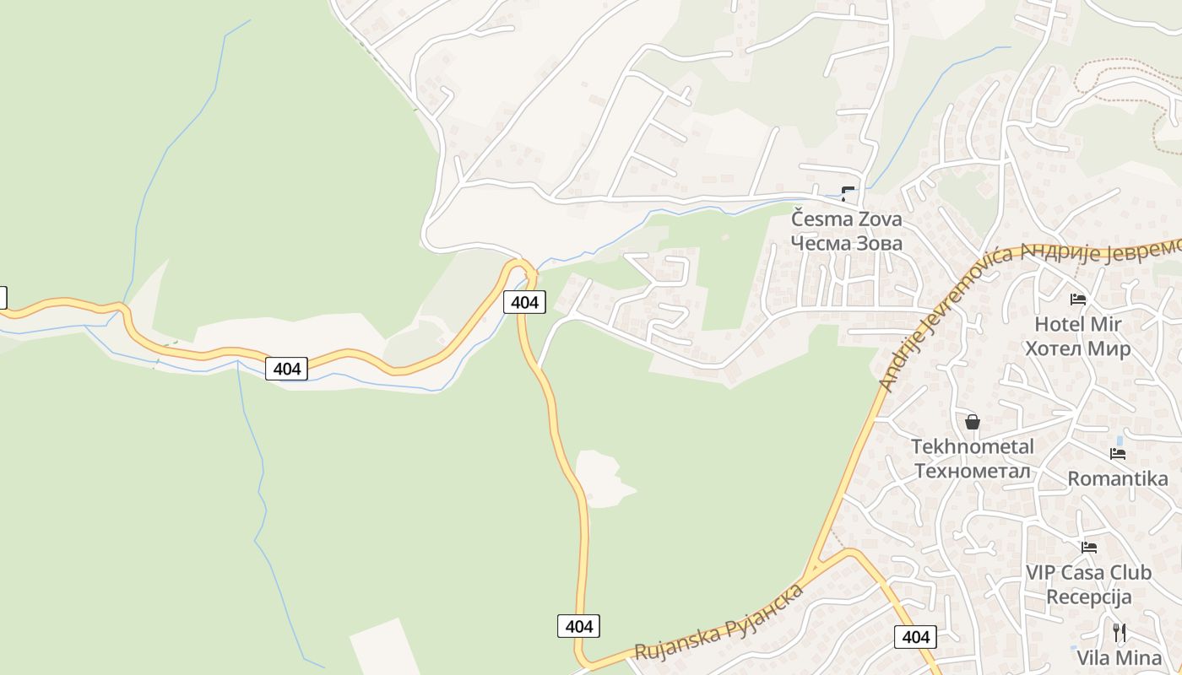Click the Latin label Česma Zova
(x=847, y=219)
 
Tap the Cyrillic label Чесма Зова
(x=847, y=244)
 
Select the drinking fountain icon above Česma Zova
(x=848, y=193)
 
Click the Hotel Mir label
(x=1078, y=324)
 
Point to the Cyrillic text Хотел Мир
(x=1076, y=348)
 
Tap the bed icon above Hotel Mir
(x=1078, y=299)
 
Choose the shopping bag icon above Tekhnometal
(x=973, y=421)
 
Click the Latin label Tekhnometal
(x=973, y=446)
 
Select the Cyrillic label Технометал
(x=973, y=471)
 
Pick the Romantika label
(x=1118, y=479)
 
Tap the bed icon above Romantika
(x=1118, y=454)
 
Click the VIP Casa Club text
(x=1088, y=572)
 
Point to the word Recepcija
(x=1088, y=597)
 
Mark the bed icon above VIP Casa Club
(x=1089, y=547)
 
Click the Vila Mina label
(x=1120, y=657)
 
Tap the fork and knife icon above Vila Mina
(x=1120, y=632)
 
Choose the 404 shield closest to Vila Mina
(x=915, y=637)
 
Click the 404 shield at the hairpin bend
(x=524, y=302)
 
